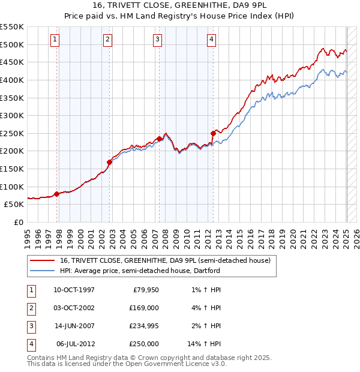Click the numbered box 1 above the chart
click(55, 40)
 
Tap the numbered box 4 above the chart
click(212, 40)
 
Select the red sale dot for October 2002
click(110, 161)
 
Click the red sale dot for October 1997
click(57, 193)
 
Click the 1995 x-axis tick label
click(27, 235)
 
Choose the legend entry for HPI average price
click(140, 271)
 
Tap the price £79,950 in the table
click(144, 290)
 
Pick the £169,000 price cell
click(144, 308)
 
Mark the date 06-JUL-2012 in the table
click(74, 344)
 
